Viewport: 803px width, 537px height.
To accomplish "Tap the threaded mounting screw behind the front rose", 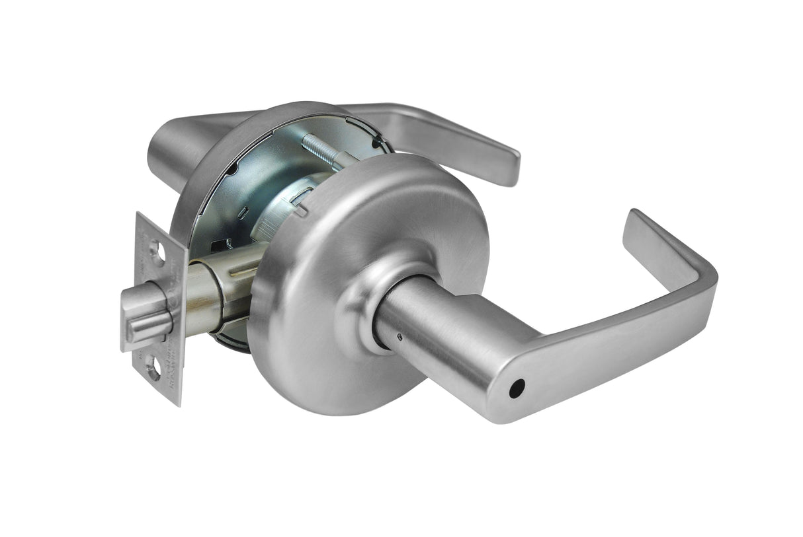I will [x=324, y=150].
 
